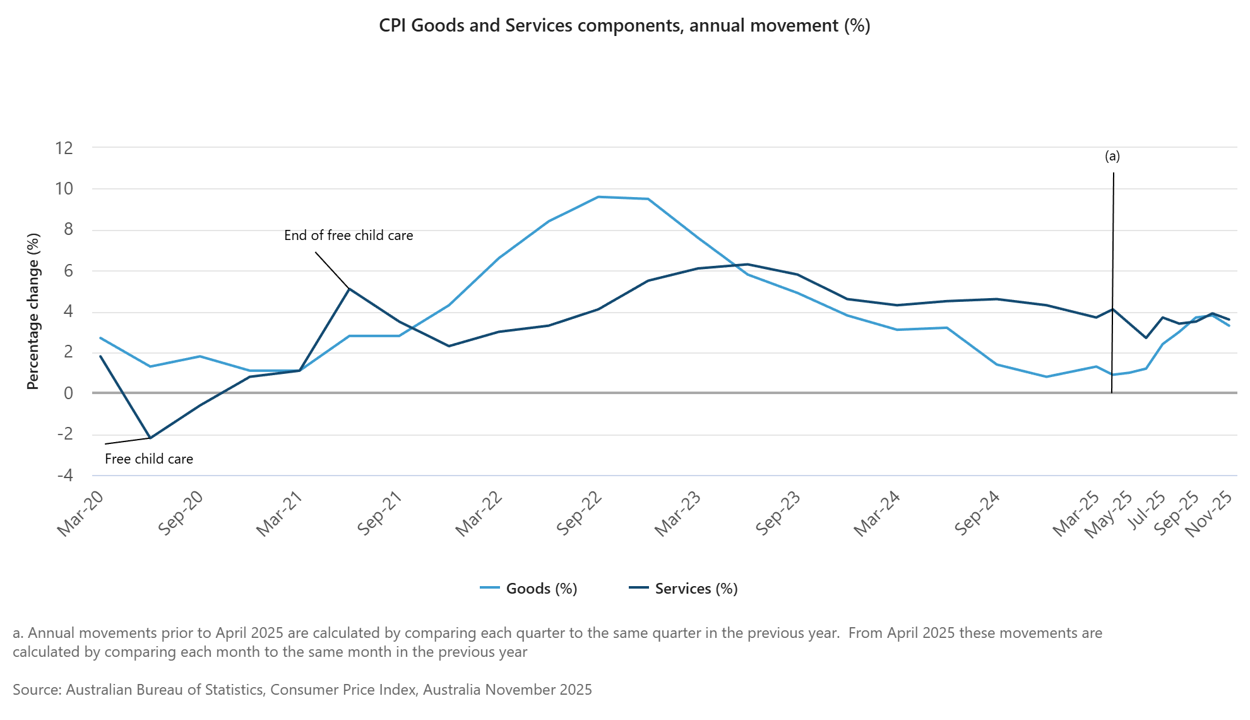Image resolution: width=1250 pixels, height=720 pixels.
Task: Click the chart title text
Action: tap(624, 26)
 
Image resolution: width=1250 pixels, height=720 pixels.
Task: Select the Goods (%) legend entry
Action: tap(541, 589)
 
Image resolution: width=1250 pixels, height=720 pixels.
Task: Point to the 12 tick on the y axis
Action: tap(64, 148)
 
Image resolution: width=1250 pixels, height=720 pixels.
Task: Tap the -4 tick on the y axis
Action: tap(65, 475)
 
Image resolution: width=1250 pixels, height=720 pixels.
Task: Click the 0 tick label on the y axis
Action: tap(68, 393)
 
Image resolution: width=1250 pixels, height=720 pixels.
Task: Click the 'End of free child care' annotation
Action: tap(348, 236)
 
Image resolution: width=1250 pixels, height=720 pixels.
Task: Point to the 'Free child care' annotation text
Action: tap(149, 459)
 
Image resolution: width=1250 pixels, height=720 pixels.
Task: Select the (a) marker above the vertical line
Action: tap(1112, 156)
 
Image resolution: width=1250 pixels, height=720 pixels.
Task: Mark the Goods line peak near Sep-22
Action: tap(598, 197)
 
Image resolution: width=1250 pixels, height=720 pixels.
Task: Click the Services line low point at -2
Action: tap(150, 438)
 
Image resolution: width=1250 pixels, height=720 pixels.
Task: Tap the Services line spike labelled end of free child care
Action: tap(349, 289)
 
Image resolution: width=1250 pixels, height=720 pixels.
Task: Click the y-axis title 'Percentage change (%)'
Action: tap(33, 311)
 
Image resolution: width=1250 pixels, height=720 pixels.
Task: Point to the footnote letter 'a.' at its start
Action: tap(18, 633)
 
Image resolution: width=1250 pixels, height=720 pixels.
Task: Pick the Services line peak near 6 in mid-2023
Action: tap(747, 264)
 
